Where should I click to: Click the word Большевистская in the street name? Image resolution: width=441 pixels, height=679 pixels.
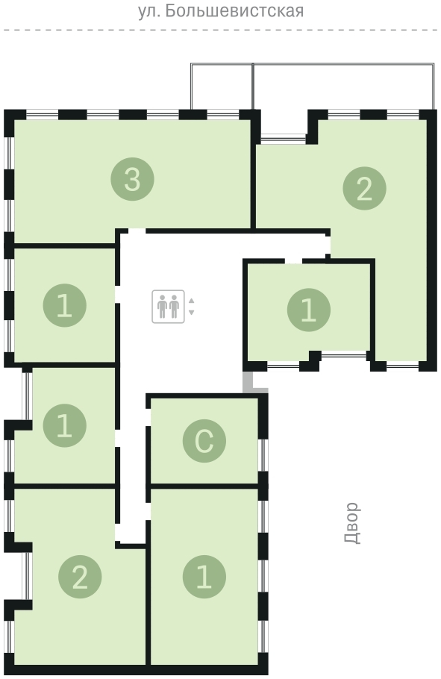(234, 11)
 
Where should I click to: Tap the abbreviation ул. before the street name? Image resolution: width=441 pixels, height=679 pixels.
(149, 11)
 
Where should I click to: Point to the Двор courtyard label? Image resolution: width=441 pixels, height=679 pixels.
(351, 522)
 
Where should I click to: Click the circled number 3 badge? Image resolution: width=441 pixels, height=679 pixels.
(133, 179)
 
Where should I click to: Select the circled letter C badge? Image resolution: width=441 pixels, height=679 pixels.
(204, 441)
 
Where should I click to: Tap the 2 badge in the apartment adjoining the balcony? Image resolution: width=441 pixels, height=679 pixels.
(364, 188)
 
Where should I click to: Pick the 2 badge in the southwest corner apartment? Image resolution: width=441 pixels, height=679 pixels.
(80, 577)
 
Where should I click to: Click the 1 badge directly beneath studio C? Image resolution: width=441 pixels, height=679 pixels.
(204, 577)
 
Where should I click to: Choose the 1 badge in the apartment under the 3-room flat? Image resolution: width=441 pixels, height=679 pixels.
(65, 305)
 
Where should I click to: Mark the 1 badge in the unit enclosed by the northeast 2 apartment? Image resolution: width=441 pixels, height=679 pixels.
(309, 310)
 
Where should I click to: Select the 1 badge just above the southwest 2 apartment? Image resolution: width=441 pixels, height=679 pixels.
(65, 425)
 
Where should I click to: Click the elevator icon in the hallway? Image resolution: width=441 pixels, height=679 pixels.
(168, 307)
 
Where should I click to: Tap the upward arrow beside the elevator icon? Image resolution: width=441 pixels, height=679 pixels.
(192, 301)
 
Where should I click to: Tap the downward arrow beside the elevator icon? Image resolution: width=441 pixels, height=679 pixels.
(192, 312)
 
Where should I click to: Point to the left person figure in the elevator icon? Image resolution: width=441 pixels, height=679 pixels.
(163, 307)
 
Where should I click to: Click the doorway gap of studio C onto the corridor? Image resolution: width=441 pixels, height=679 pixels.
(148, 417)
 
